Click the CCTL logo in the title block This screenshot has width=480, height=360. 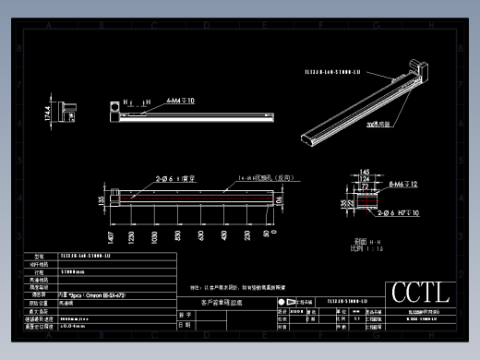tap(421, 294)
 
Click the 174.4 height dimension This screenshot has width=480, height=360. tap(48, 113)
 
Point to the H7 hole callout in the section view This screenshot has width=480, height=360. tap(401, 213)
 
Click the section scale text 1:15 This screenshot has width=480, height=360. tap(366, 248)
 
